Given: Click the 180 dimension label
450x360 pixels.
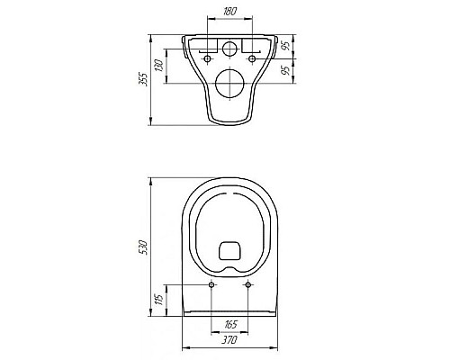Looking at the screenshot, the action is (x=230, y=12).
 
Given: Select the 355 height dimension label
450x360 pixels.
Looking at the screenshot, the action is (x=145, y=79).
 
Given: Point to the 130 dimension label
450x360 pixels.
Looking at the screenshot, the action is (x=159, y=66).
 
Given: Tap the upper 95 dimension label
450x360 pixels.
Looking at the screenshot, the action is (x=287, y=45).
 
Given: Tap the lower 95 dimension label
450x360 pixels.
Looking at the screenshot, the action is (x=287, y=70).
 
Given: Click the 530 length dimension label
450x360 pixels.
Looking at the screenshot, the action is (x=145, y=247).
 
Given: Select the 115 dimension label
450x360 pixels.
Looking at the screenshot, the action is (x=159, y=299).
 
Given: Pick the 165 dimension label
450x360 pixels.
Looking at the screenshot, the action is (x=230, y=324).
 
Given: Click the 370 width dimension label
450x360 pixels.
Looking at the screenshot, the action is (x=229, y=340).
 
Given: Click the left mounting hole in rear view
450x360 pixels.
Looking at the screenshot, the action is (x=207, y=58).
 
